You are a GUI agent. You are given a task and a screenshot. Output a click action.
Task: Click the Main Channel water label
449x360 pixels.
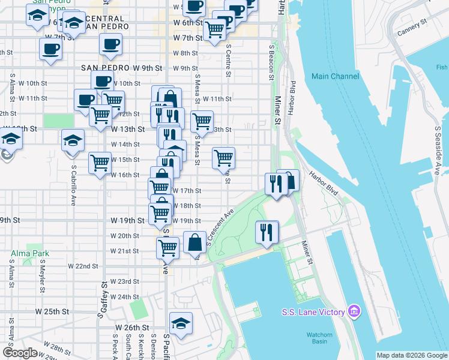(x=336, y=76)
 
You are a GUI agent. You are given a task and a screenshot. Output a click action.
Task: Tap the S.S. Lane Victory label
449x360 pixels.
(x=313, y=312)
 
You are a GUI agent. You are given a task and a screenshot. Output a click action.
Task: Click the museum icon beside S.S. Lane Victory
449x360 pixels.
(x=355, y=311)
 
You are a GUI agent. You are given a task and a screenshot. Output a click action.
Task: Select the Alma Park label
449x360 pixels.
(x=24, y=254)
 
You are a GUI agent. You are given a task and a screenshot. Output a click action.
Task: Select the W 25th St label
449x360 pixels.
(x=52, y=312)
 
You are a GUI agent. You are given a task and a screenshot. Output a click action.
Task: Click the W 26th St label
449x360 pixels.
(x=131, y=328)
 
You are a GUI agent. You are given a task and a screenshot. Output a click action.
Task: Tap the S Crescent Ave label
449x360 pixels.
(x=220, y=227)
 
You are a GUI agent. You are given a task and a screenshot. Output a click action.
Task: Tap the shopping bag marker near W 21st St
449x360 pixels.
(x=194, y=243)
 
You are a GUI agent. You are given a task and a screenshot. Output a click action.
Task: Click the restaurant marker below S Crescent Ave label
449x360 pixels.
(x=267, y=231)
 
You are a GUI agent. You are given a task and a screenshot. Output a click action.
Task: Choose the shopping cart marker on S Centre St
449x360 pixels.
(x=224, y=158)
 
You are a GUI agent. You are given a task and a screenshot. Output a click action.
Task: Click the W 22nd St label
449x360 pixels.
(x=83, y=266)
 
